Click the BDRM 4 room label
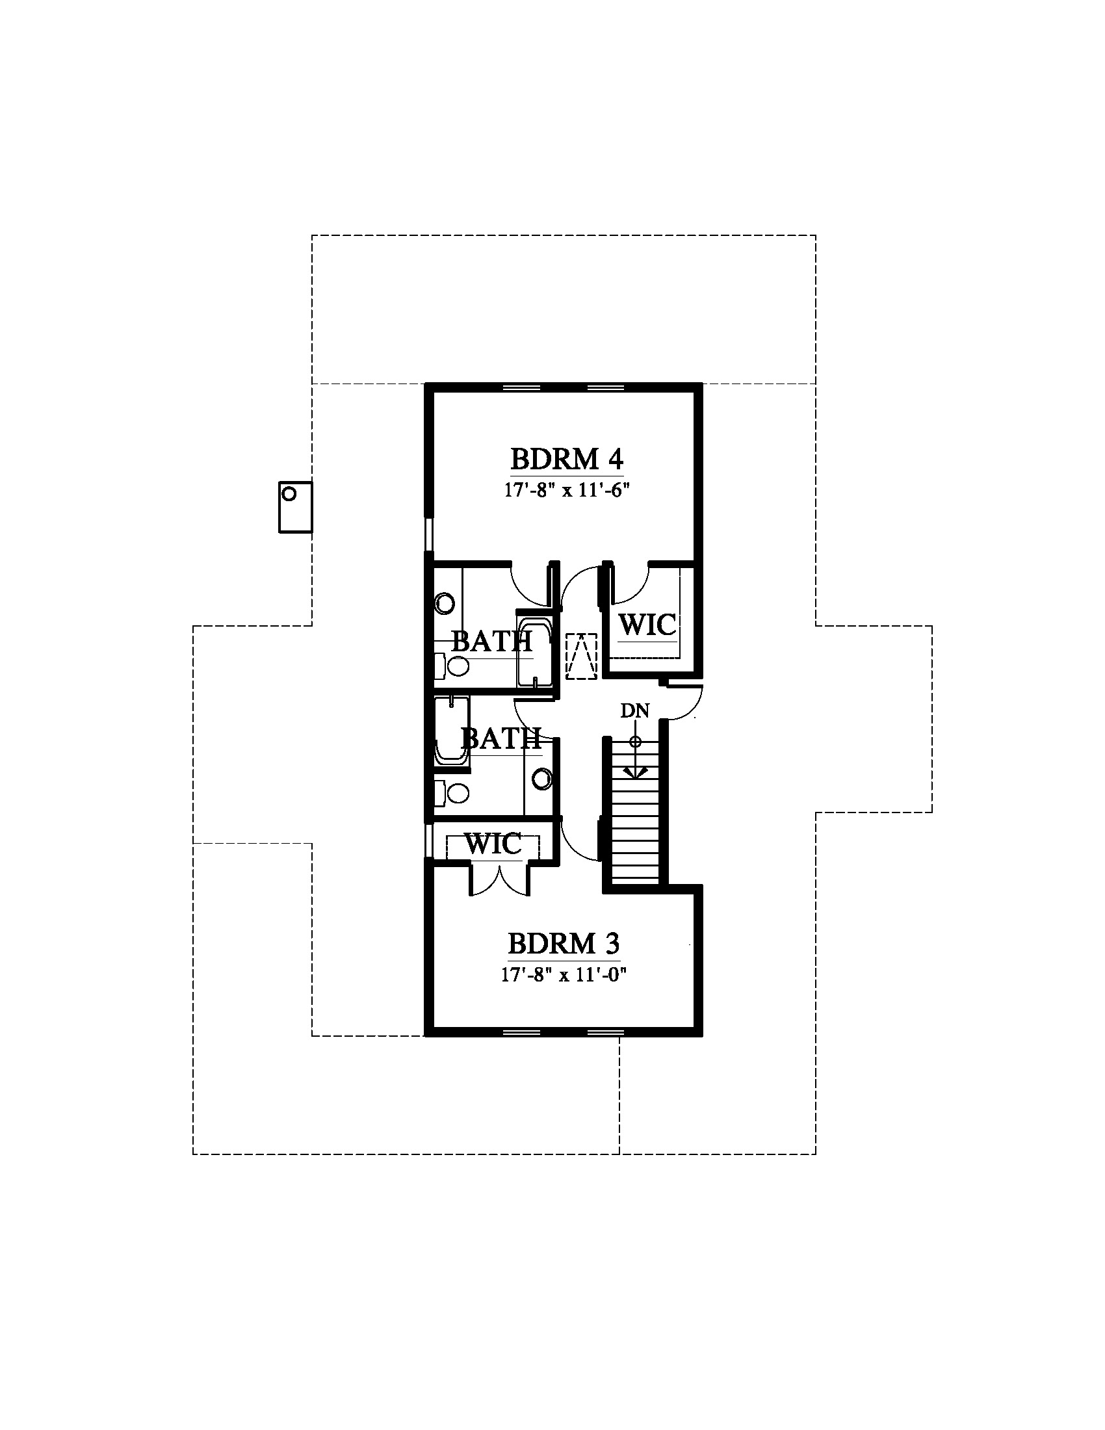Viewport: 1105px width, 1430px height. click(x=566, y=460)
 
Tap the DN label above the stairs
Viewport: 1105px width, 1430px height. click(x=634, y=711)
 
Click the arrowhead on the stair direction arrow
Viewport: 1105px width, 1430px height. click(x=634, y=773)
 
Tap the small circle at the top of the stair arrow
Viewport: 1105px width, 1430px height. click(x=634, y=742)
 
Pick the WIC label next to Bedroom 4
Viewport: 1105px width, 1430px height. click(x=647, y=625)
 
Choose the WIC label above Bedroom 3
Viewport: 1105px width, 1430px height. click(x=493, y=844)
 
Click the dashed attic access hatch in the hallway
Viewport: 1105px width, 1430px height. click(x=582, y=653)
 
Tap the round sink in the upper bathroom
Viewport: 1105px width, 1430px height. click(x=445, y=603)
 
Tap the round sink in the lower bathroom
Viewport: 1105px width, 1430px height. click(x=543, y=779)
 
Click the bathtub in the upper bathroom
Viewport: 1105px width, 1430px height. click(x=534, y=648)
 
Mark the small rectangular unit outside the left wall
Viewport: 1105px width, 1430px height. click(x=295, y=508)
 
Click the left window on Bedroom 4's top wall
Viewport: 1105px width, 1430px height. click(x=521, y=387)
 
